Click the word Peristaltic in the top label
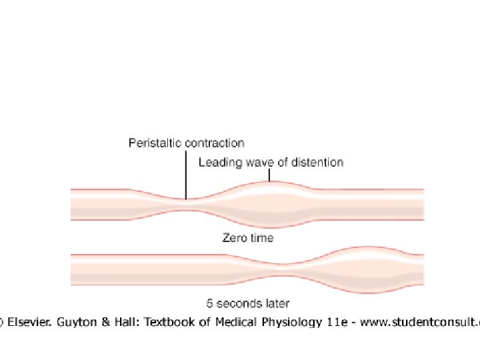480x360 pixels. [151, 143]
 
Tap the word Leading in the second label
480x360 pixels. [218, 162]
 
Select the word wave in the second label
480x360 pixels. [255, 162]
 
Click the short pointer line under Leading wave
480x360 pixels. [269, 175]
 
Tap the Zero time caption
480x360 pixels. [247, 237]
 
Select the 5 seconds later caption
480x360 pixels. [247, 303]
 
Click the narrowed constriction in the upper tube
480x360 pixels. [186, 205]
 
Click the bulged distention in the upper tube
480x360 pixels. [269, 200]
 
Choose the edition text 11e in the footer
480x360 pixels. [341, 323]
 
